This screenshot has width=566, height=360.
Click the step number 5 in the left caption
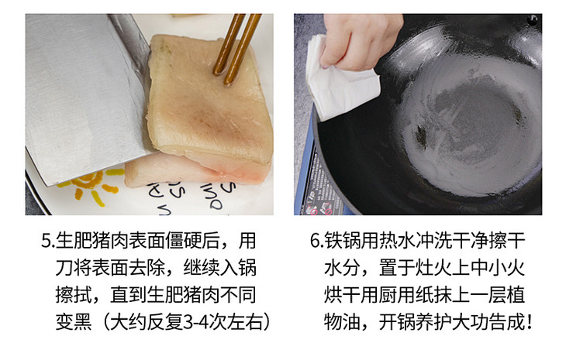(x=47, y=241)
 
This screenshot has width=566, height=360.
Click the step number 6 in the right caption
(x=315, y=241)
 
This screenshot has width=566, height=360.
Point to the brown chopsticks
(x=236, y=49)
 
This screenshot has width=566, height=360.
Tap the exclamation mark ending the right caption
(x=530, y=322)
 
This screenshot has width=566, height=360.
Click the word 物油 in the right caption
(x=341, y=322)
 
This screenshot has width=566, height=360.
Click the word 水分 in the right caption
(x=341, y=268)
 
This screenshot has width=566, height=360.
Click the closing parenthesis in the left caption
(x=267, y=322)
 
